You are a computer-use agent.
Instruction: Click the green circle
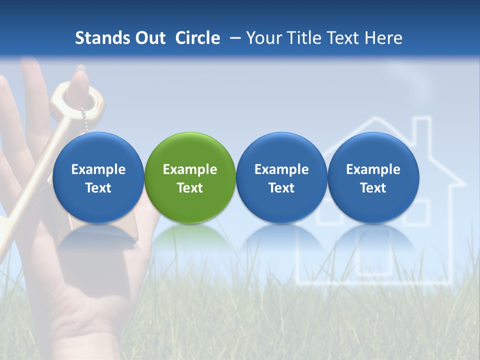click(x=190, y=177)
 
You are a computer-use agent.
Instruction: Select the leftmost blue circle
click(x=98, y=177)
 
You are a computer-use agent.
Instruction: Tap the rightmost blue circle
click(x=373, y=177)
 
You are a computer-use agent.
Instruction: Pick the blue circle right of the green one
click(x=281, y=177)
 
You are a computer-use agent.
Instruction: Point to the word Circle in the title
click(x=197, y=38)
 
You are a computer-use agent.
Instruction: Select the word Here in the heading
click(x=384, y=38)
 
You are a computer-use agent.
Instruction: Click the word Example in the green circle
click(x=190, y=169)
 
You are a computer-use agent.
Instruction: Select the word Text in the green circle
click(x=190, y=188)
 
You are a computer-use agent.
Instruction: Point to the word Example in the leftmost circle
click(x=98, y=169)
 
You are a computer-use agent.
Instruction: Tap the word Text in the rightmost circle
click(x=373, y=188)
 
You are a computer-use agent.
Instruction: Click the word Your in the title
click(x=263, y=38)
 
